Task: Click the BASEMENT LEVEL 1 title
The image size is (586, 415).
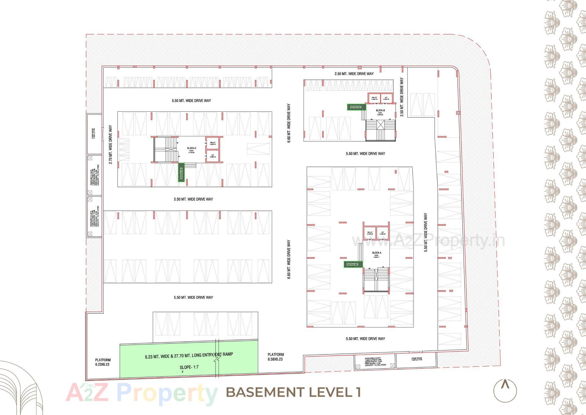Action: coord(293,392)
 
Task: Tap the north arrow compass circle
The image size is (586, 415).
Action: coord(505,390)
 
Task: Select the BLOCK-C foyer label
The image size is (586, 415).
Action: coord(191,150)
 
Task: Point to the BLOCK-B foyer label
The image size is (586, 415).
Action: coord(380,112)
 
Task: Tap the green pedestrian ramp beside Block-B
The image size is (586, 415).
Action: coord(356,107)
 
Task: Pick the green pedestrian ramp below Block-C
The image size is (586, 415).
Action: coord(182,172)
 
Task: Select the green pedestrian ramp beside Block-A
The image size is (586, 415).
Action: coord(353,264)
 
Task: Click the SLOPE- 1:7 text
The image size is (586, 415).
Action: coord(189,367)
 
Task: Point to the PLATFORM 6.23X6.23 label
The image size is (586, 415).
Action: coord(103,362)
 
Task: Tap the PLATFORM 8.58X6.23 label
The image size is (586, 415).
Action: coord(276,357)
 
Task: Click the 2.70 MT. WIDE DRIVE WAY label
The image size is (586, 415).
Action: coord(110,144)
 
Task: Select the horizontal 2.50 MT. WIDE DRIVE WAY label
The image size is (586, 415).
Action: coord(354,74)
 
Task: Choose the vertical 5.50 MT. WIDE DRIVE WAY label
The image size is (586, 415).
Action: coord(426,233)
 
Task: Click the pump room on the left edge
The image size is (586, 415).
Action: coord(94,134)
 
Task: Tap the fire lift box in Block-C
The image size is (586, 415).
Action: coord(213,143)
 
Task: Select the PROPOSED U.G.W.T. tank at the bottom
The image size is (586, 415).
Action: coord(375,362)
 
